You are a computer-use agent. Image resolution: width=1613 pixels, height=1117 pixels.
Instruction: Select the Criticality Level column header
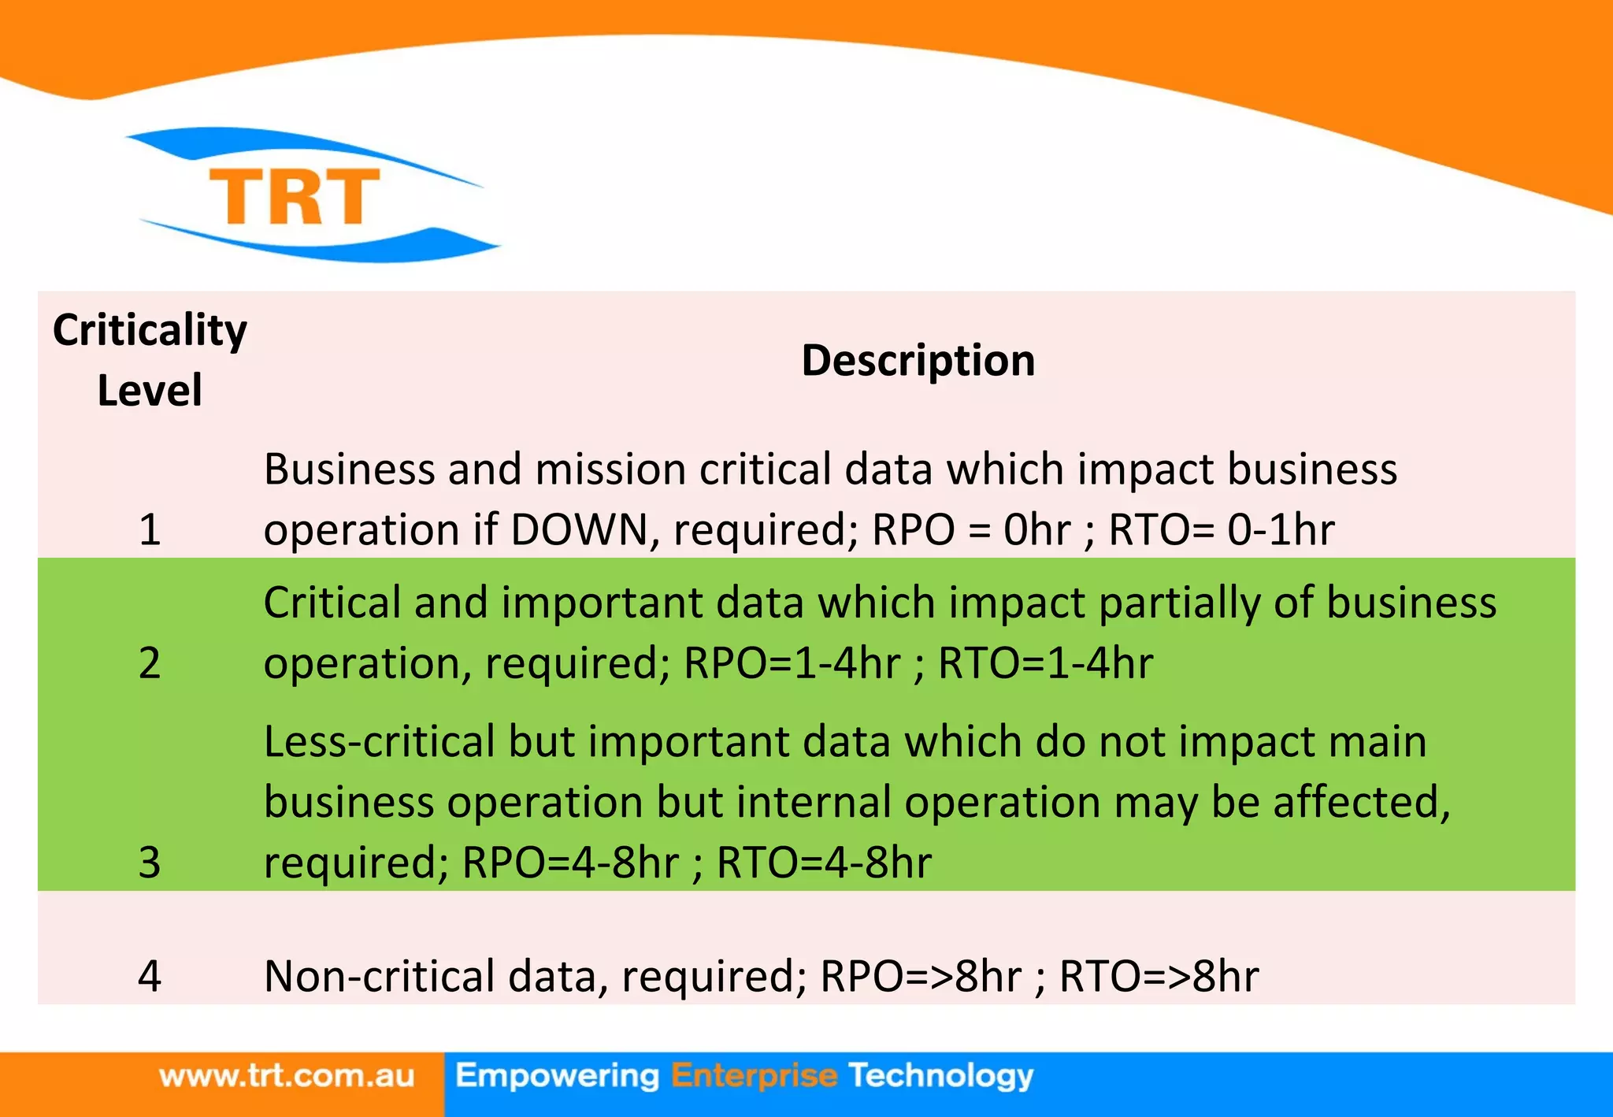click(150, 359)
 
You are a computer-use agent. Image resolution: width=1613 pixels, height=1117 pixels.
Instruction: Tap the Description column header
click(918, 361)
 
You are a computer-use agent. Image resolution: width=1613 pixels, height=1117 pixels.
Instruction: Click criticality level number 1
click(150, 529)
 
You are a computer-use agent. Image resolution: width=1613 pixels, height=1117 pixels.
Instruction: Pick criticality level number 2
click(150, 663)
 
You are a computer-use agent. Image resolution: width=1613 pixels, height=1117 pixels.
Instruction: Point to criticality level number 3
click(150, 863)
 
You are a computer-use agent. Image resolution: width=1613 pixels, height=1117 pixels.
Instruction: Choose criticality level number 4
click(150, 977)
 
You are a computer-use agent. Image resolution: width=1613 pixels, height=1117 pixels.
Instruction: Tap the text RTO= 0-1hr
click(1222, 529)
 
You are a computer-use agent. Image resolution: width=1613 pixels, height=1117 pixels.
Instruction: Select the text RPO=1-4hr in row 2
click(792, 663)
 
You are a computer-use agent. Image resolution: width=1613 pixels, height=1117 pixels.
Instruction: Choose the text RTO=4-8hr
click(824, 863)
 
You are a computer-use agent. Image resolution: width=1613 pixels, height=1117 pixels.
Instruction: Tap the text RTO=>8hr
click(1159, 977)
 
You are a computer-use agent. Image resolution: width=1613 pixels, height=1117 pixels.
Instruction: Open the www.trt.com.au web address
click(287, 1076)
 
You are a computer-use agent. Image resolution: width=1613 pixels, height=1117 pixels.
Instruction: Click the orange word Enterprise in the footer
click(754, 1076)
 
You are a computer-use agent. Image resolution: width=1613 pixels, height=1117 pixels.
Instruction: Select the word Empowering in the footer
click(557, 1076)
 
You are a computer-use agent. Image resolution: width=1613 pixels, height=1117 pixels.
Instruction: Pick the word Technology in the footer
click(941, 1076)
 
